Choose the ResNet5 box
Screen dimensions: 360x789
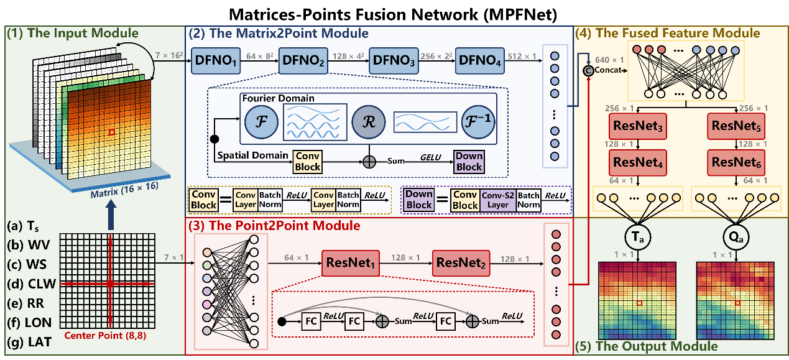tap(736, 127)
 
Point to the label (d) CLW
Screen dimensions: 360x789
tap(30, 284)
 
